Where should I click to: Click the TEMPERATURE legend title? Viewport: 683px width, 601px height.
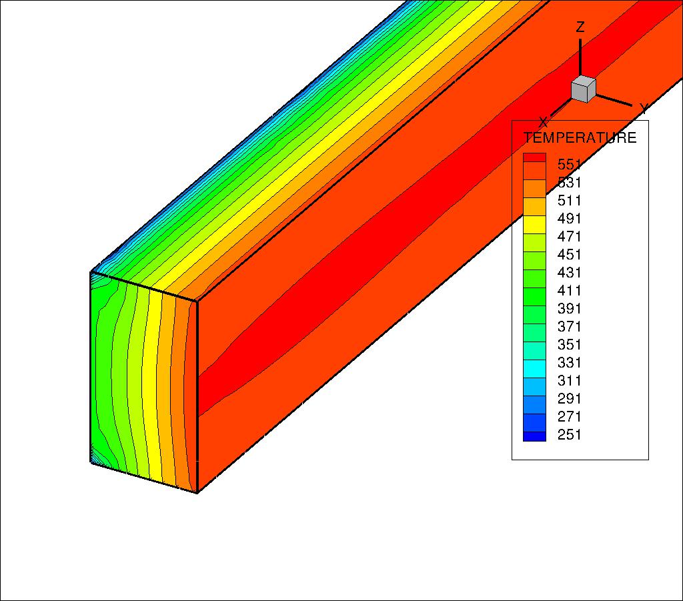(580, 137)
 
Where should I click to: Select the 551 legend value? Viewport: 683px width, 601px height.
(570, 164)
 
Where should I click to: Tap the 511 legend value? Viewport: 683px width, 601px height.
(570, 200)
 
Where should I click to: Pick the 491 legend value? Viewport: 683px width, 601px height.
(570, 218)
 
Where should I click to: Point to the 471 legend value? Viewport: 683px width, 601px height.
(570, 237)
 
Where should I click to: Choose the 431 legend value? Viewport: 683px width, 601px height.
(570, 273)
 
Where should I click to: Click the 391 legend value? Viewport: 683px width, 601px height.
(570, 308)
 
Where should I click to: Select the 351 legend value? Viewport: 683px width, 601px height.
(570, 344)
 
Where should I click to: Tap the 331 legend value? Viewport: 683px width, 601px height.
(570, 362)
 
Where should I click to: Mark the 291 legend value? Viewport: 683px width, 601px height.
(570, 398)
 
